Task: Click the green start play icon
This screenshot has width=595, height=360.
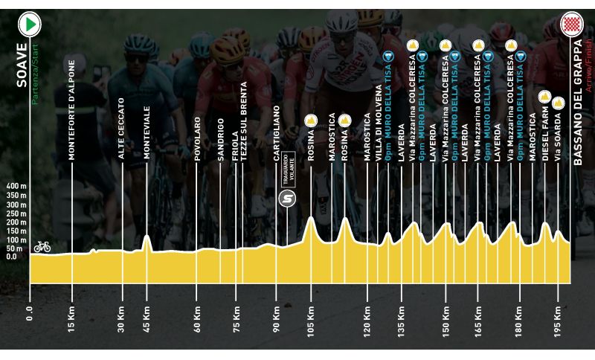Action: [x=30, y=25]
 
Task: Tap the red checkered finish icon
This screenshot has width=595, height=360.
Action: [x=571, y=25]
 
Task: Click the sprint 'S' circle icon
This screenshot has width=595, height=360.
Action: [x=287, y=199]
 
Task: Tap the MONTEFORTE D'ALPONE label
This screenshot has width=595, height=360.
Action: [x=72, y=111]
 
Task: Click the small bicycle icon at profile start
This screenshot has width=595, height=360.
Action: [x=42, y=245]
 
